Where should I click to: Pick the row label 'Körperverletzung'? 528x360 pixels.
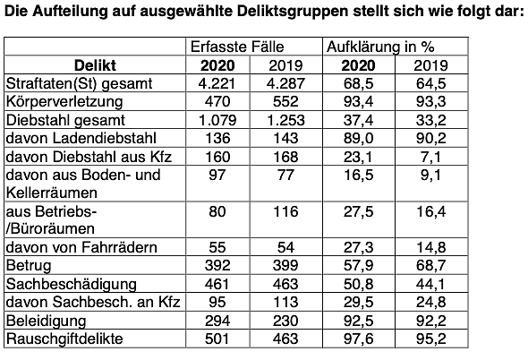[x=60, y=101]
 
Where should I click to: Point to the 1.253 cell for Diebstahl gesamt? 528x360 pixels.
[x=286, y=119]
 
